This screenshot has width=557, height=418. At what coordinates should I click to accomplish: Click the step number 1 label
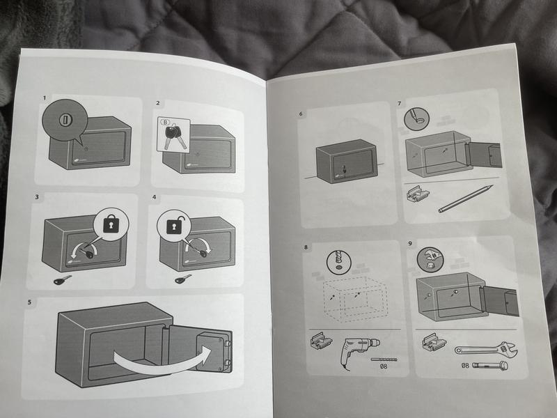pos(45,98)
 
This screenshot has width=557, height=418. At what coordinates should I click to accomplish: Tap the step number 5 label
pos(29,302)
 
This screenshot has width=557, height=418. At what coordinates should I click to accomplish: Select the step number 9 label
pos(410,243)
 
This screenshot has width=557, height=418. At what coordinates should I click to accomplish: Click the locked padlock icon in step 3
pos(111,224)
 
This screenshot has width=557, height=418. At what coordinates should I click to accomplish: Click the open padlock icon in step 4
pos(174,224)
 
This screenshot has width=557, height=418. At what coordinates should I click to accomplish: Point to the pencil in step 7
pos(466,199)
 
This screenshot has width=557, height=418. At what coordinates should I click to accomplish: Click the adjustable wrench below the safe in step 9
pos(486,349)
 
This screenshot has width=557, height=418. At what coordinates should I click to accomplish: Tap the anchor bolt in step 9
pos(490,365)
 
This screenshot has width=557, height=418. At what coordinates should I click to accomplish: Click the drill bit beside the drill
pos(384,359)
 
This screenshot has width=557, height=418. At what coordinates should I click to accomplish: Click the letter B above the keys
pos(165,122)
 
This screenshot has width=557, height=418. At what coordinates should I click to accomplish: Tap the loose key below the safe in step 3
pos(63,280)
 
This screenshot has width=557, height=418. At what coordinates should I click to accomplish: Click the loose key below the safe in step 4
pos(183,279)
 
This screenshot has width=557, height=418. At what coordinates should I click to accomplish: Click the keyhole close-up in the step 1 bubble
pos(65,120)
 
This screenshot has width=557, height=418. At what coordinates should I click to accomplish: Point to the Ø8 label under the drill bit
pos(384,366)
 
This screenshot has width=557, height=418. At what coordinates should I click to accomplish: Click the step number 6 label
pos(301,114)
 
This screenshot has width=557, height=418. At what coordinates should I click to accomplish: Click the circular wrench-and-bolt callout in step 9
pos(430,260)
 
